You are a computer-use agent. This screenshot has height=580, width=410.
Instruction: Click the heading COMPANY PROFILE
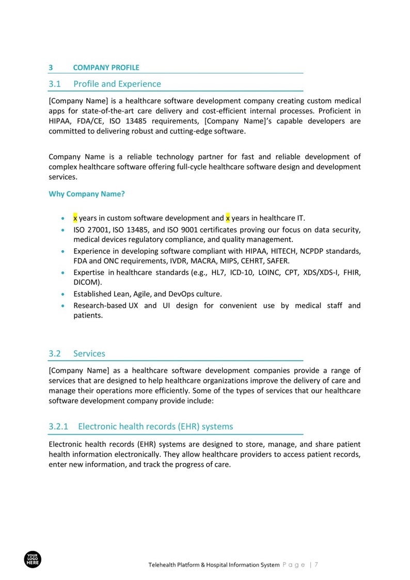pyautogui.click(x=106, y=68)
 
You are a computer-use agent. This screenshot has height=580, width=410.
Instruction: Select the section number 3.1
pyautogui.click(x=55, y=84)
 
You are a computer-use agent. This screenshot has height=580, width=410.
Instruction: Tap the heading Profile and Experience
pyautogui.click(x=117, y=84)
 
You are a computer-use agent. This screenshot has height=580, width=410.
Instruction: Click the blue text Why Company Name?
pyautogui.click(x=87, y=194)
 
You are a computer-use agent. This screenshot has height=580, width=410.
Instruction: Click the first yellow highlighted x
pyautogui.click(x=75, y=218)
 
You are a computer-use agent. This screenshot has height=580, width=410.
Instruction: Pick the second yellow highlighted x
pyautogui.click(x=228, y=218)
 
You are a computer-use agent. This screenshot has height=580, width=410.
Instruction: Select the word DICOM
pyautogui.click(x=86, y=282)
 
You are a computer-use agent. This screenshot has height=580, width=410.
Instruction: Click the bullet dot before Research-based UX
pyautogui.click(x=62, y=306)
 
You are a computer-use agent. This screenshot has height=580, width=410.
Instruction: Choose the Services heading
pyautogui.click(x=89, y=354)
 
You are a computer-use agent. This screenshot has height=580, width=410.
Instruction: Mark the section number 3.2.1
pyautogui.click(x=58, y=426)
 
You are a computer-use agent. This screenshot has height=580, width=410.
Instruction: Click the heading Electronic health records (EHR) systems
pyautogui.click(x=155, y=426)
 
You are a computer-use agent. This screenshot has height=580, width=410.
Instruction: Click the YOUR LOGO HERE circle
pyautogui.click(x=33, y=559)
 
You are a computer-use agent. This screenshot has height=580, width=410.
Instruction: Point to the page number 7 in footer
pyautogui.click(x=316, y=565)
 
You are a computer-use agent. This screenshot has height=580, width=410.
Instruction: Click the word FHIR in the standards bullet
pyautogui.click(x=351, y=272)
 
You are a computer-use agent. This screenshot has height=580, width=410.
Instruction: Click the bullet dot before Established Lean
pyautogui.click(x=62, y=294)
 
